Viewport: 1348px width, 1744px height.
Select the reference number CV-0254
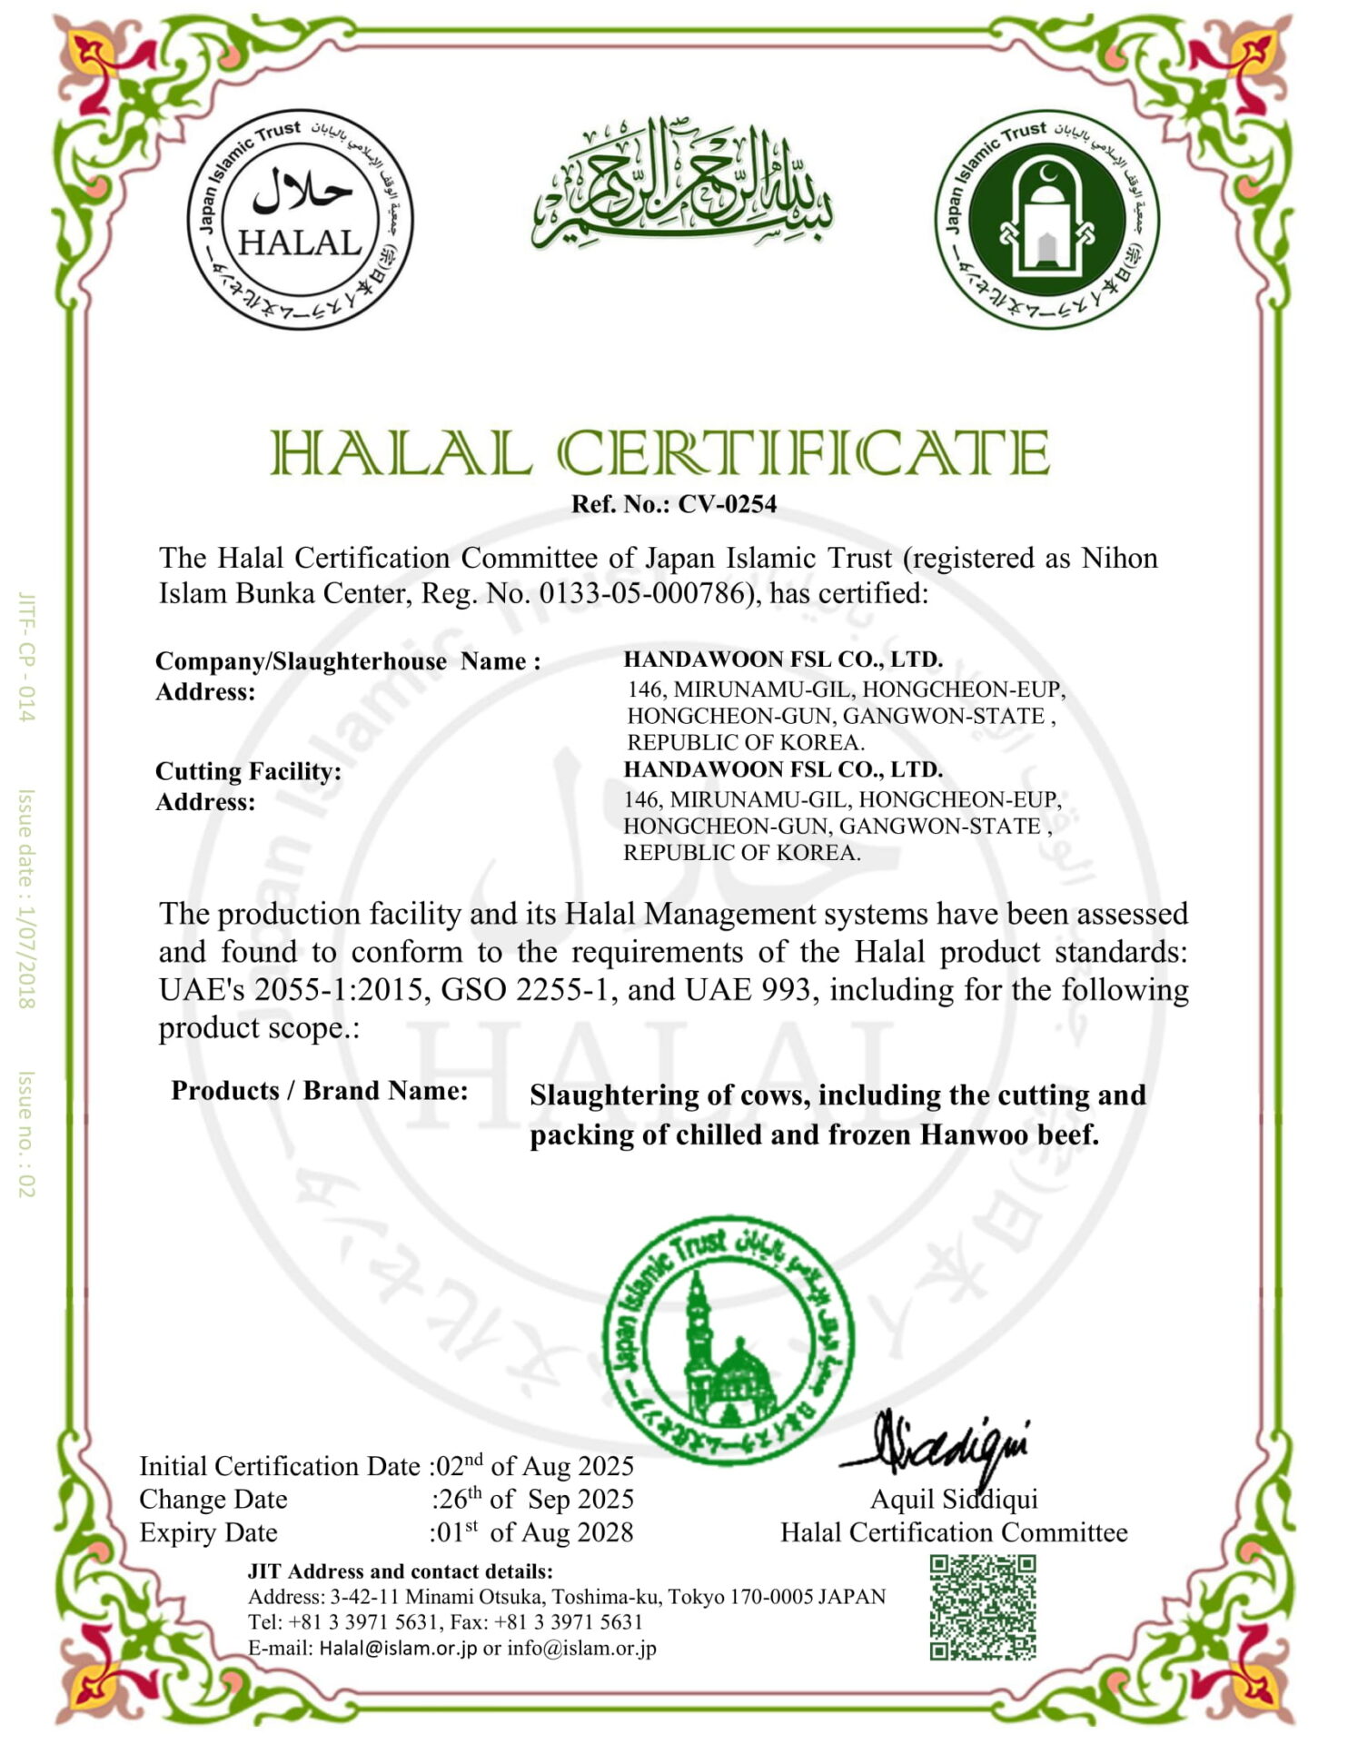(x=727, y=504)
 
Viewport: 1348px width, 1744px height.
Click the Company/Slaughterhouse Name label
(x=348, y=660)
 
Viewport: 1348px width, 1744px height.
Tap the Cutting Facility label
(x=248, y=771)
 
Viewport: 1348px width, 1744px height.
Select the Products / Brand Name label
(x=320, y=1090)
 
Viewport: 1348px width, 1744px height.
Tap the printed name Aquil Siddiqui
(x=954, y=1499)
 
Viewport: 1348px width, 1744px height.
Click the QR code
(x=982, y=1607)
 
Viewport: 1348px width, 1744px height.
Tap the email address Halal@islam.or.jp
(x=398, y=1649)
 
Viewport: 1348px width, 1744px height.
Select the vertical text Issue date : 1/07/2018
(x=26, y=898)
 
